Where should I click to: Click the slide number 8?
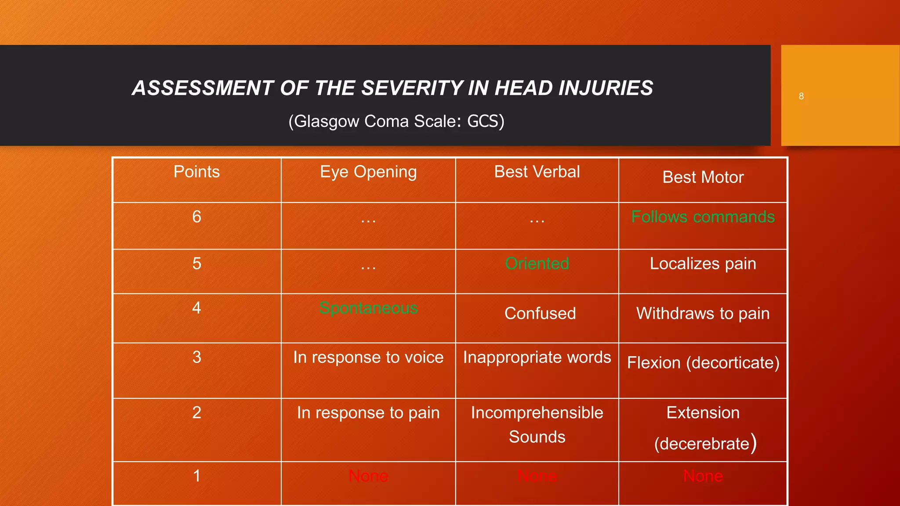[801, 96]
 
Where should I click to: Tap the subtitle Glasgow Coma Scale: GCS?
[396, 121]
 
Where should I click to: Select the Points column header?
[196, 172]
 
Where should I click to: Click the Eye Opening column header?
[368, 172]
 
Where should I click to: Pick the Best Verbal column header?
[537, 172]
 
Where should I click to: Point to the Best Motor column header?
[703, 177]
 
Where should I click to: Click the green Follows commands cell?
[703, 217]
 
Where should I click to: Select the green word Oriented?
[537, 264]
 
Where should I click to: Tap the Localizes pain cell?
[703, 264]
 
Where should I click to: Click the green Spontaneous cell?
[368, 308]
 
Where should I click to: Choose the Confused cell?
[540, 314]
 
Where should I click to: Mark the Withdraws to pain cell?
[703, 314]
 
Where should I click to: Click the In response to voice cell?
[368, 357]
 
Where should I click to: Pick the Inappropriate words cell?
[537, 357]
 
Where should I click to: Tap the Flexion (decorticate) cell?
[703, 363]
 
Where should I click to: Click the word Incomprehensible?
[537, 413]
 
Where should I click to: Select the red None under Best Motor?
[703, 476]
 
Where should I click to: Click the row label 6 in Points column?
[196, 217]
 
